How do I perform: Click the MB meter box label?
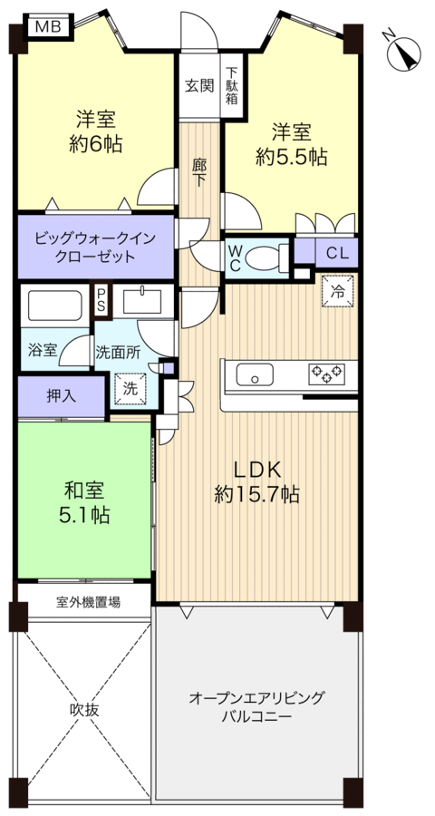pyautogui.click(x=48, y=26)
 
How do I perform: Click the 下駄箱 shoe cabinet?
pyautogui.click(x=232, y=86)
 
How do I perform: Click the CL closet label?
pyautogui.click(x=338, y=254)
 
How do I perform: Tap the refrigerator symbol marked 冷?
pyautogui.click(x=338, y=291)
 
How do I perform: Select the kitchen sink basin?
pyautogui.click(x=255, y=374)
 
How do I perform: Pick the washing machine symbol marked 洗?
pyautogui.click(x=130, y=388)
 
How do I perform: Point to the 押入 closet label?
pyautogui.click(x=62, y=396)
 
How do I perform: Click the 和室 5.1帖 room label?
pyautogui.click(x=84, y=502)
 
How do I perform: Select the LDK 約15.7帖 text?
pyautogui.click(x=257, y=482)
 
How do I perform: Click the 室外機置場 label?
pyautogui.click(x=89, y=602)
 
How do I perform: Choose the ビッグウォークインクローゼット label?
pyautogui.click(x=95, y=248)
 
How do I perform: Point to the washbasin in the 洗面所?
pyautogui.click(x=141, y=301)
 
